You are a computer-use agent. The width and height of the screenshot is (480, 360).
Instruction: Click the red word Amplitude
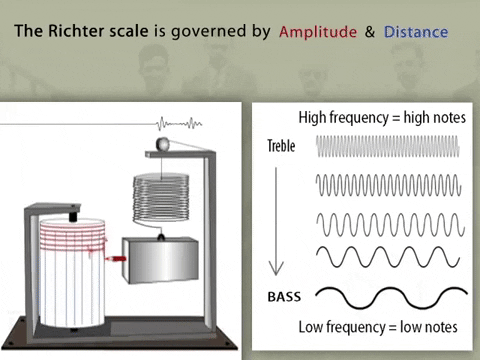pos(318,32)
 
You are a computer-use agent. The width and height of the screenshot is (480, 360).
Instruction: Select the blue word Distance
pos(415,32)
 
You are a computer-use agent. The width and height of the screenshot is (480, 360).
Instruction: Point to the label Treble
pos(282,146)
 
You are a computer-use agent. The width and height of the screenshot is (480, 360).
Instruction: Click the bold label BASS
pos(285,297)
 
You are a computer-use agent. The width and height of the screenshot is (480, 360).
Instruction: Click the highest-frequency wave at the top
pos(390,148)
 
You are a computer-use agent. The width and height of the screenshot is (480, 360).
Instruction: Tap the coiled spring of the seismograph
pos(160,199)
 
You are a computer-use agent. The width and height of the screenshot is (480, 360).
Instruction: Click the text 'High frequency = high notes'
pos(381,116)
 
